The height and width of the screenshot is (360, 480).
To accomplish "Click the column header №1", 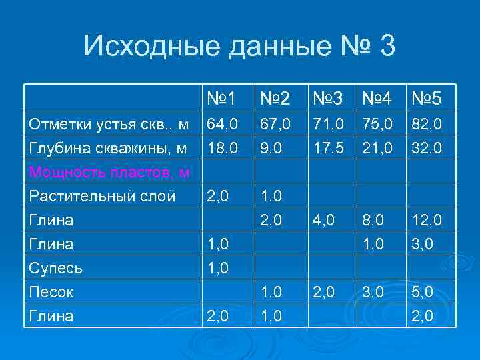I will [221, 99].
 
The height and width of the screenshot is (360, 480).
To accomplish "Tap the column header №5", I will [427, 99].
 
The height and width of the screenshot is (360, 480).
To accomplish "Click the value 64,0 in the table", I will [221, 124].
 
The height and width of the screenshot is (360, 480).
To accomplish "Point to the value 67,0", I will [275, 124].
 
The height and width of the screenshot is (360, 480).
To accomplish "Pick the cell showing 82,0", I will [427, 124].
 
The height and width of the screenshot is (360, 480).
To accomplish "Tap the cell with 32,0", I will [427, 148].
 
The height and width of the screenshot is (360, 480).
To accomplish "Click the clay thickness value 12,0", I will [427, 220].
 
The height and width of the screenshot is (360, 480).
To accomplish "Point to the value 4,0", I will [325, 220].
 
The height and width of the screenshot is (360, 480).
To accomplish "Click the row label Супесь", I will [56, 269].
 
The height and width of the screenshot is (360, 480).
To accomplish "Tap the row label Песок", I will [51, 292].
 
